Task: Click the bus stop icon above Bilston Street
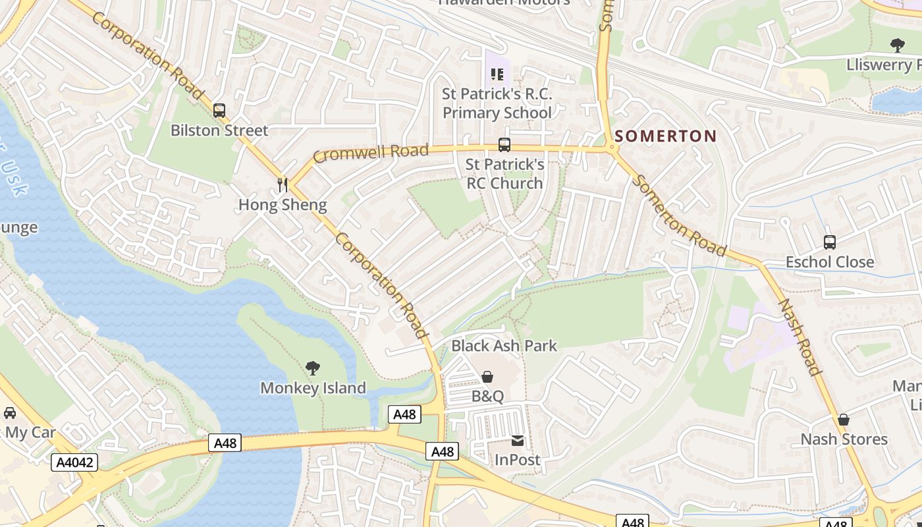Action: [219, 111]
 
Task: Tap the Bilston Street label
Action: [219, 130]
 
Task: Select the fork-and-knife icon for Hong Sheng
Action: [283, 184]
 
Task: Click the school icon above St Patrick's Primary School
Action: [497, 74]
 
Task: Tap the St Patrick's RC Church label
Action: [504, 173]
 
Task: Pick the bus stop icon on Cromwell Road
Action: [504, 144]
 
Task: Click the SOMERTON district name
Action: [665, 136]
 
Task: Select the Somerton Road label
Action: [679, 215]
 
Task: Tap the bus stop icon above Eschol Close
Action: [830, 242]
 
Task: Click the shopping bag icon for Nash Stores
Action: [844, 420]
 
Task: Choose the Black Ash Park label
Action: [504, 346]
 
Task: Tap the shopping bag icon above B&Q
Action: [487, 377]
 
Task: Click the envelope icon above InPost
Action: [518, 441]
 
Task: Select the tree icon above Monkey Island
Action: [313, 368]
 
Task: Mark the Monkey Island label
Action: [313, 388]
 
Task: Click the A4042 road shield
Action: [74, 462]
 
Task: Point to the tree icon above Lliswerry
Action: [897, 45]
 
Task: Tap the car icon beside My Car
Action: [10, 412]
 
